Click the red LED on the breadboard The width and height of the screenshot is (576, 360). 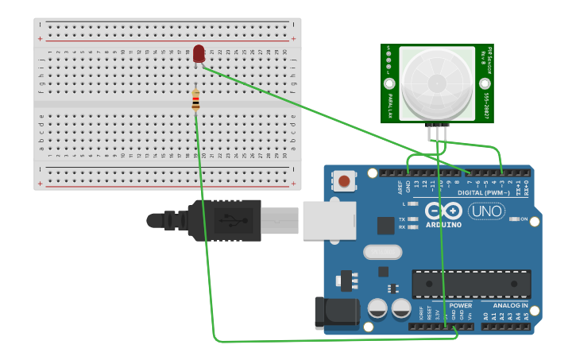199,53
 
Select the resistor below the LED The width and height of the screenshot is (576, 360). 196,101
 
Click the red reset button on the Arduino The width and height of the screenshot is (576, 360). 345,181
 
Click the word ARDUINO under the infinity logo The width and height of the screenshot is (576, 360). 443,225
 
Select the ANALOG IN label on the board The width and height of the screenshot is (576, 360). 509,305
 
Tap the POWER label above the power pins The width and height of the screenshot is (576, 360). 460,305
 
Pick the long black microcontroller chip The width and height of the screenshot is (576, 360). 471,284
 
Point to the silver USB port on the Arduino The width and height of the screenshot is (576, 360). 329,219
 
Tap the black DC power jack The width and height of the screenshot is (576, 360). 337,313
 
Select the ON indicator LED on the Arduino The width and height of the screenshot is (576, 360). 514,219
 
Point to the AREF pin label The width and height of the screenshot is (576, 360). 400,187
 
